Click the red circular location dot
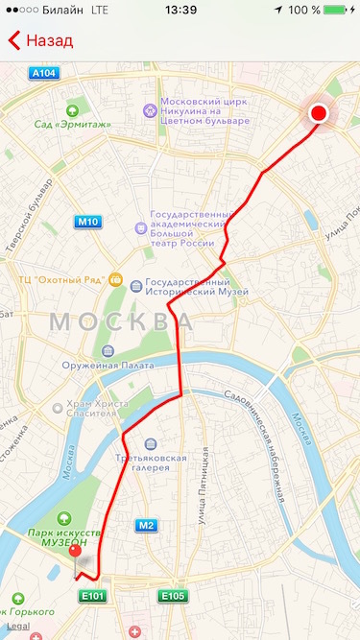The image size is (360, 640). (x=319, y=114)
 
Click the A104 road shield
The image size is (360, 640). (x=44, y=73)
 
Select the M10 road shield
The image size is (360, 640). (x=87, y=222)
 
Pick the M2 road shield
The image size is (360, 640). (x=146, y=525)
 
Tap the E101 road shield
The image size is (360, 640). (x=92, y=596)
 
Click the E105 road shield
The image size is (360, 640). (x=173, y=596)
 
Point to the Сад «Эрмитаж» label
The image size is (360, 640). (x=73, y=123)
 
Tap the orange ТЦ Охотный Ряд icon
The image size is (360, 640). (x=116, y=280)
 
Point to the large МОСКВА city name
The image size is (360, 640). (x=120, y=320)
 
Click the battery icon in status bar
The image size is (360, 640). (x=336, y=10)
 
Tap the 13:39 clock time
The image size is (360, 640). (x=180, y=10)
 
